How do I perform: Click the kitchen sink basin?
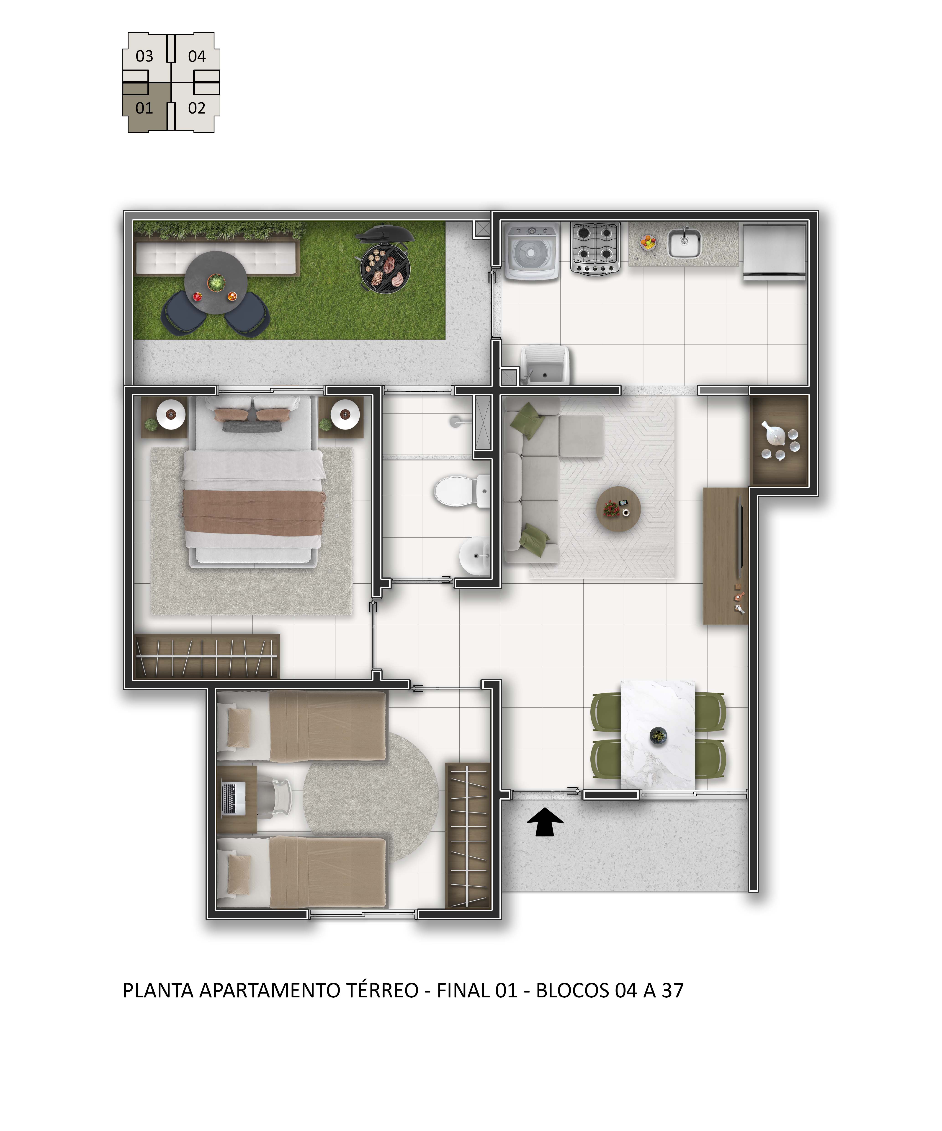tap(684, 243)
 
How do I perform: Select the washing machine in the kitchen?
tap(531, 251)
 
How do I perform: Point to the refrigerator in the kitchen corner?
tap(774, 251)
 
